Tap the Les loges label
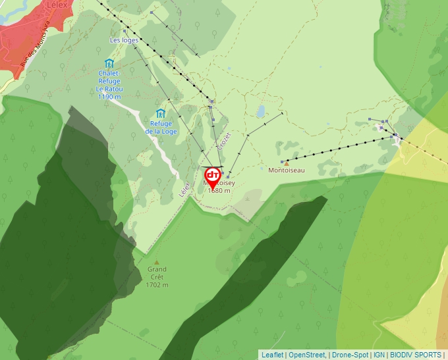pyautogui.click(x=124, y=40)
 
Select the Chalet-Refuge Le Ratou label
pyautogui.click(x=109, y=85)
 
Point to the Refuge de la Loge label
pyautogui.click(x=161, y=127)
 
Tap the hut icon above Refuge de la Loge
pyautogui.click(x=161, y=113)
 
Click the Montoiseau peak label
pyautogui.click(x=287, y=170)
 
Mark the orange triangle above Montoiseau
pyautogui.click(x=287, y=162)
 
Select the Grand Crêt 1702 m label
pyautogui.click(x=157, y=277)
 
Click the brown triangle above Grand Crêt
pyautogui.click(x=156, y=261)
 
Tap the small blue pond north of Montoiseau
pyautogui.click(x=261, y=111)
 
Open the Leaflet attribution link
pyautogui.click(x=273, y=355)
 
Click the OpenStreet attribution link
pyautogui.click(x=306, y=355)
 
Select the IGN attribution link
pyautogui.click(x=379, y=355)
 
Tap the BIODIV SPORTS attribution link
pyautogui.click(x=416, y=355)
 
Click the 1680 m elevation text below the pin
pyautogui.click(x=219, y=191)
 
